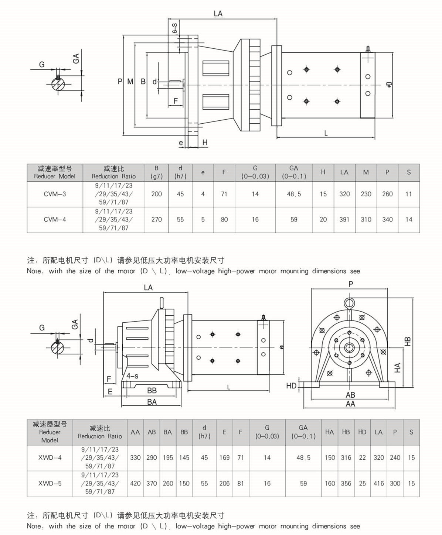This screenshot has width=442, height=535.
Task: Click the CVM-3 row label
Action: (55, 194)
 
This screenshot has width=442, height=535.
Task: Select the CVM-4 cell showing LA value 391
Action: (344, 219)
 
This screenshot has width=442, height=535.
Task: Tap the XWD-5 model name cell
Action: (50, 483)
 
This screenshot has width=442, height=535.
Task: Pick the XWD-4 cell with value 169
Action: (224, 457)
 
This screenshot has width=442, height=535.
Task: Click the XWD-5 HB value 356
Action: (346, 483)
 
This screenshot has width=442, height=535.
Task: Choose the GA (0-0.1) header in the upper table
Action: (294, 172)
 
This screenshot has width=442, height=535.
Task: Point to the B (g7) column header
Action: (156, 172)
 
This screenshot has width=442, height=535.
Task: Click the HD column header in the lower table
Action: (362, 432)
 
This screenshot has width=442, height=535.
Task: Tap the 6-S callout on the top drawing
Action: (174, 28)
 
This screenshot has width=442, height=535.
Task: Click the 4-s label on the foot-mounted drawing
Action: (132, 376)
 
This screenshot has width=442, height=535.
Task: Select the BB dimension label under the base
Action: (152, 391)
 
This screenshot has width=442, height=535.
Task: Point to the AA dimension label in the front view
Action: (350, 404)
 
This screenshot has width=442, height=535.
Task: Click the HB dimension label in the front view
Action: (408, 341)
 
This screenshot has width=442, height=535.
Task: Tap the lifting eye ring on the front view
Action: (349, 303)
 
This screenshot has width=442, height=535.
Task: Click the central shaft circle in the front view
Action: (349, 347)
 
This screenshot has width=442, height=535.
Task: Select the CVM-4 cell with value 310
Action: (366, 219)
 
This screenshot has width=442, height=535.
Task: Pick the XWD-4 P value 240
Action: (395, 457)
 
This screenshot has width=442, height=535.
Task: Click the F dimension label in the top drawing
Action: (176, 101)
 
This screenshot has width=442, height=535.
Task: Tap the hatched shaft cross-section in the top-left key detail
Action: (58, 84)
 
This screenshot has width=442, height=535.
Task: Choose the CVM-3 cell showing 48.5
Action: (294, 194)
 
